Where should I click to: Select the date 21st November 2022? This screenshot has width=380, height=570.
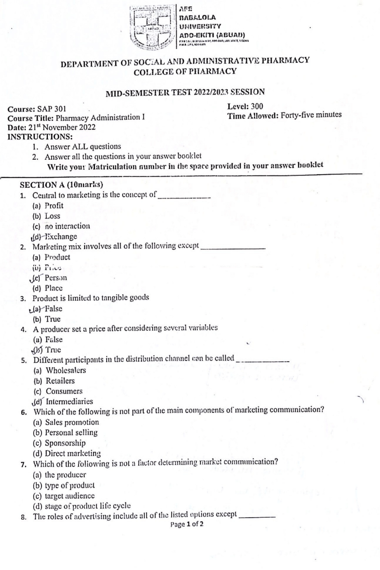pos(62,127)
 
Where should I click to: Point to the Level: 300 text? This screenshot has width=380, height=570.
pos(245,106)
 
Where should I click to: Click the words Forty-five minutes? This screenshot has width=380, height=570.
pos(311,115)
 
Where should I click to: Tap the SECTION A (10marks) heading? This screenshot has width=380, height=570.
pos(61,185)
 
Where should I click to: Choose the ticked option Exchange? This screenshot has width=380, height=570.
pos(61,237)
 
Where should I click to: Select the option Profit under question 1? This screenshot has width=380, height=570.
pos(54,206)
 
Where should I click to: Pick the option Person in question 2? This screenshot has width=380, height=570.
pos(56,278)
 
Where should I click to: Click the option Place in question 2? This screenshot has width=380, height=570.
pos(54,288)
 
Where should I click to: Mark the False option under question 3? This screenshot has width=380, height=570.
pos(54,309)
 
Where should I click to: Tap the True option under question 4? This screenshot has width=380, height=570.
pos(53,350)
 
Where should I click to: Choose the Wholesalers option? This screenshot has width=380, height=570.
pos(66,370)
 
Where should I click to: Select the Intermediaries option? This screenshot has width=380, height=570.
pos(69,401)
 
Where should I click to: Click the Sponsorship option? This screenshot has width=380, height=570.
pos(65,443)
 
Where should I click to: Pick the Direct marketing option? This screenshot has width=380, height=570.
pos(73,453)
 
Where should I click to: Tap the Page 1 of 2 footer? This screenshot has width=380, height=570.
pos(187,524)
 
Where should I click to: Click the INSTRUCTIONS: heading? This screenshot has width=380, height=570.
pos(40,137)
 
